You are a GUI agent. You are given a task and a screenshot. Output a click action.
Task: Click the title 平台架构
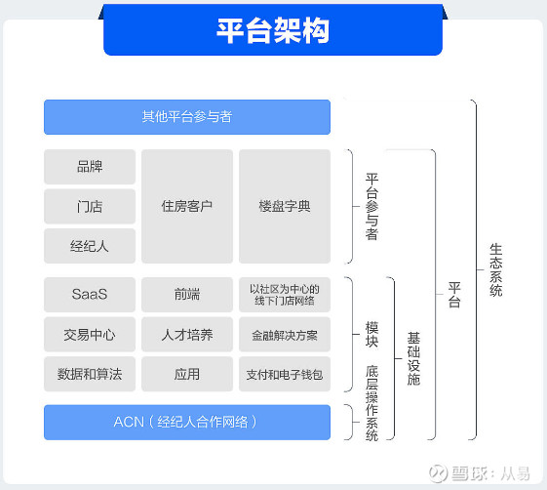coord(273,30)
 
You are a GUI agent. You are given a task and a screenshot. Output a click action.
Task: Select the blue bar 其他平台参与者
coord(187,117)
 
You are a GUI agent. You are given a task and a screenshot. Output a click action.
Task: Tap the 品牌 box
coord(90,167)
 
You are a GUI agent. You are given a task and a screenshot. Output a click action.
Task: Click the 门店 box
coord(90,206)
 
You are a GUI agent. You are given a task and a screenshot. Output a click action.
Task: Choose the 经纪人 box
coord(90,246)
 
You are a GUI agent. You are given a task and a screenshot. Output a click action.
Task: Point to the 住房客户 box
coord(187,206)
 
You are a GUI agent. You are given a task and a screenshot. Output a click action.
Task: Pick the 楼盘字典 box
coord(285,206)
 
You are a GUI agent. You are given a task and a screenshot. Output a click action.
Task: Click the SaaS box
coord(90,295)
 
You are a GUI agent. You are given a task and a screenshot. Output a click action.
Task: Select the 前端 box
coord(187,295)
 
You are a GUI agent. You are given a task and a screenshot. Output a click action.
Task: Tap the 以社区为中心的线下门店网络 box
coord(285,295)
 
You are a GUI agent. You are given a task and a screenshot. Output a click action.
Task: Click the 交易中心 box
coord(90,334)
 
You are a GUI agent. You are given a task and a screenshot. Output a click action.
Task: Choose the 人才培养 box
coord(187,334)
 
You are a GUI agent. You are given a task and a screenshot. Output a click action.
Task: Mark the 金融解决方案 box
coord(285,334)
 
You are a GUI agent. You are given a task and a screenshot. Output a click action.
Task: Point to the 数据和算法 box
coord(90,374)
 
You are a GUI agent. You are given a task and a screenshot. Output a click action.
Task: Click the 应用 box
coord(187,374)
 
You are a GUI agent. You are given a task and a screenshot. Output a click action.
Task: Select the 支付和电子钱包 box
coord(285,374)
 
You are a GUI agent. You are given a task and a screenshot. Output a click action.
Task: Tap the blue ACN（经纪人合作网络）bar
coord(187,423)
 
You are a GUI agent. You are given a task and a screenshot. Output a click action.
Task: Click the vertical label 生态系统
coord(495,270)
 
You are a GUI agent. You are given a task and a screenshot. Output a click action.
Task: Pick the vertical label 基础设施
coord(413,358)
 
